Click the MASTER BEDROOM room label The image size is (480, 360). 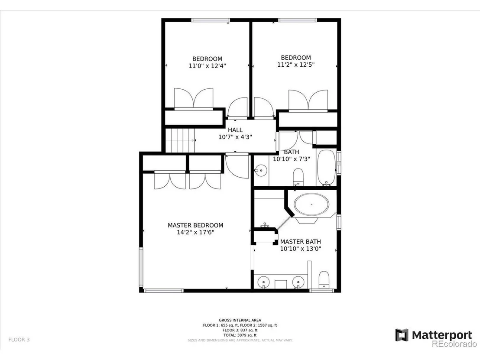coord(195,225)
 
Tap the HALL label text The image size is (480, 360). coord(235,130)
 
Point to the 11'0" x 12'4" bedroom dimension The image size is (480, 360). coord(207,66)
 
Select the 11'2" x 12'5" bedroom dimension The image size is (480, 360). coord(296,65)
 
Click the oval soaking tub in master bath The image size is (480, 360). coord(311,204)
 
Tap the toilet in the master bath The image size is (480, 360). coord(324,280)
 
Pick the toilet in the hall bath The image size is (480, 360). coord(298,177)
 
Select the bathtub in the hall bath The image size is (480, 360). coord(326,168)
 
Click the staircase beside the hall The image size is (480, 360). coord(180,140)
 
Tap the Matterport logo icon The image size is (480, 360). coord(402,335)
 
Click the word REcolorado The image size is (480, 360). coord(454,344)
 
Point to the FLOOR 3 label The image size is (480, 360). coord(19,340)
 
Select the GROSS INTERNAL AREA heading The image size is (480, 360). coord(240,320)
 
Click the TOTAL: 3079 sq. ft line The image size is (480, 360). coord(240,335)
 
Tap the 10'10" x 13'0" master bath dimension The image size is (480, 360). coord(300,249)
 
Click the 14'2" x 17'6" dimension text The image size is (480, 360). coord(195,232)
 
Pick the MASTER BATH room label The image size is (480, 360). coord(300,242)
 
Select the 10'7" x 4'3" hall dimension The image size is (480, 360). coord(235,137)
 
